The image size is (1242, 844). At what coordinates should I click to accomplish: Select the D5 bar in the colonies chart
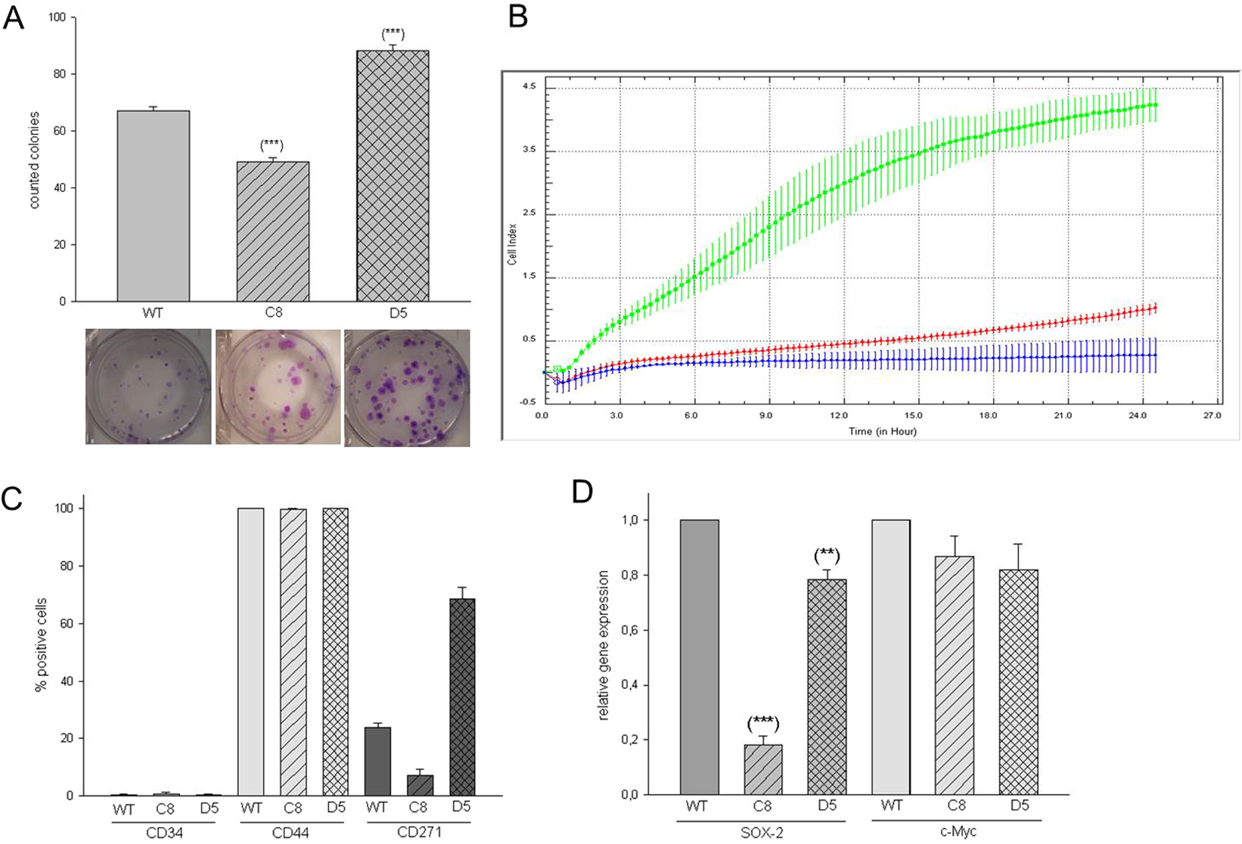click(393, 176)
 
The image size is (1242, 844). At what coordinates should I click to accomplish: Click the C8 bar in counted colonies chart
click(273, 231)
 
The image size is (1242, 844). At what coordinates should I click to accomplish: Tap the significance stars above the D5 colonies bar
click(393, 34)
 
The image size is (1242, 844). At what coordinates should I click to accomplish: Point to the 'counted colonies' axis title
click(34, 160)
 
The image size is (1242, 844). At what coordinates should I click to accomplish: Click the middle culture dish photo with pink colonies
click(278, 386)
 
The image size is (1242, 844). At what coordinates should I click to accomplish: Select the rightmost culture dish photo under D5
click(407, 387)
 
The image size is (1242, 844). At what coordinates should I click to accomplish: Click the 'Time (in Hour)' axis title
click(882, 431)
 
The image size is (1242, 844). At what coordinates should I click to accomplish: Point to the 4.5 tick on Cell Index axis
click(529, 87)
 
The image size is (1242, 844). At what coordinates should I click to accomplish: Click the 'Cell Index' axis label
click(512, 244)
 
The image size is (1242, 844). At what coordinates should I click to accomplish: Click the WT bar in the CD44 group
click(251, 652)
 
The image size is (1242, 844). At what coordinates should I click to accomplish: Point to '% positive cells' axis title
click(42, 644)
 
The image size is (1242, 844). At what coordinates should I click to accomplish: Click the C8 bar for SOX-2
click(762, 770)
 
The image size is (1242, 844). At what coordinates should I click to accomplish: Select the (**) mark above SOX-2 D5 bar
click(827, 556)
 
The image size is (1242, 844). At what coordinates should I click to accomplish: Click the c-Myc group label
click(957, 832)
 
